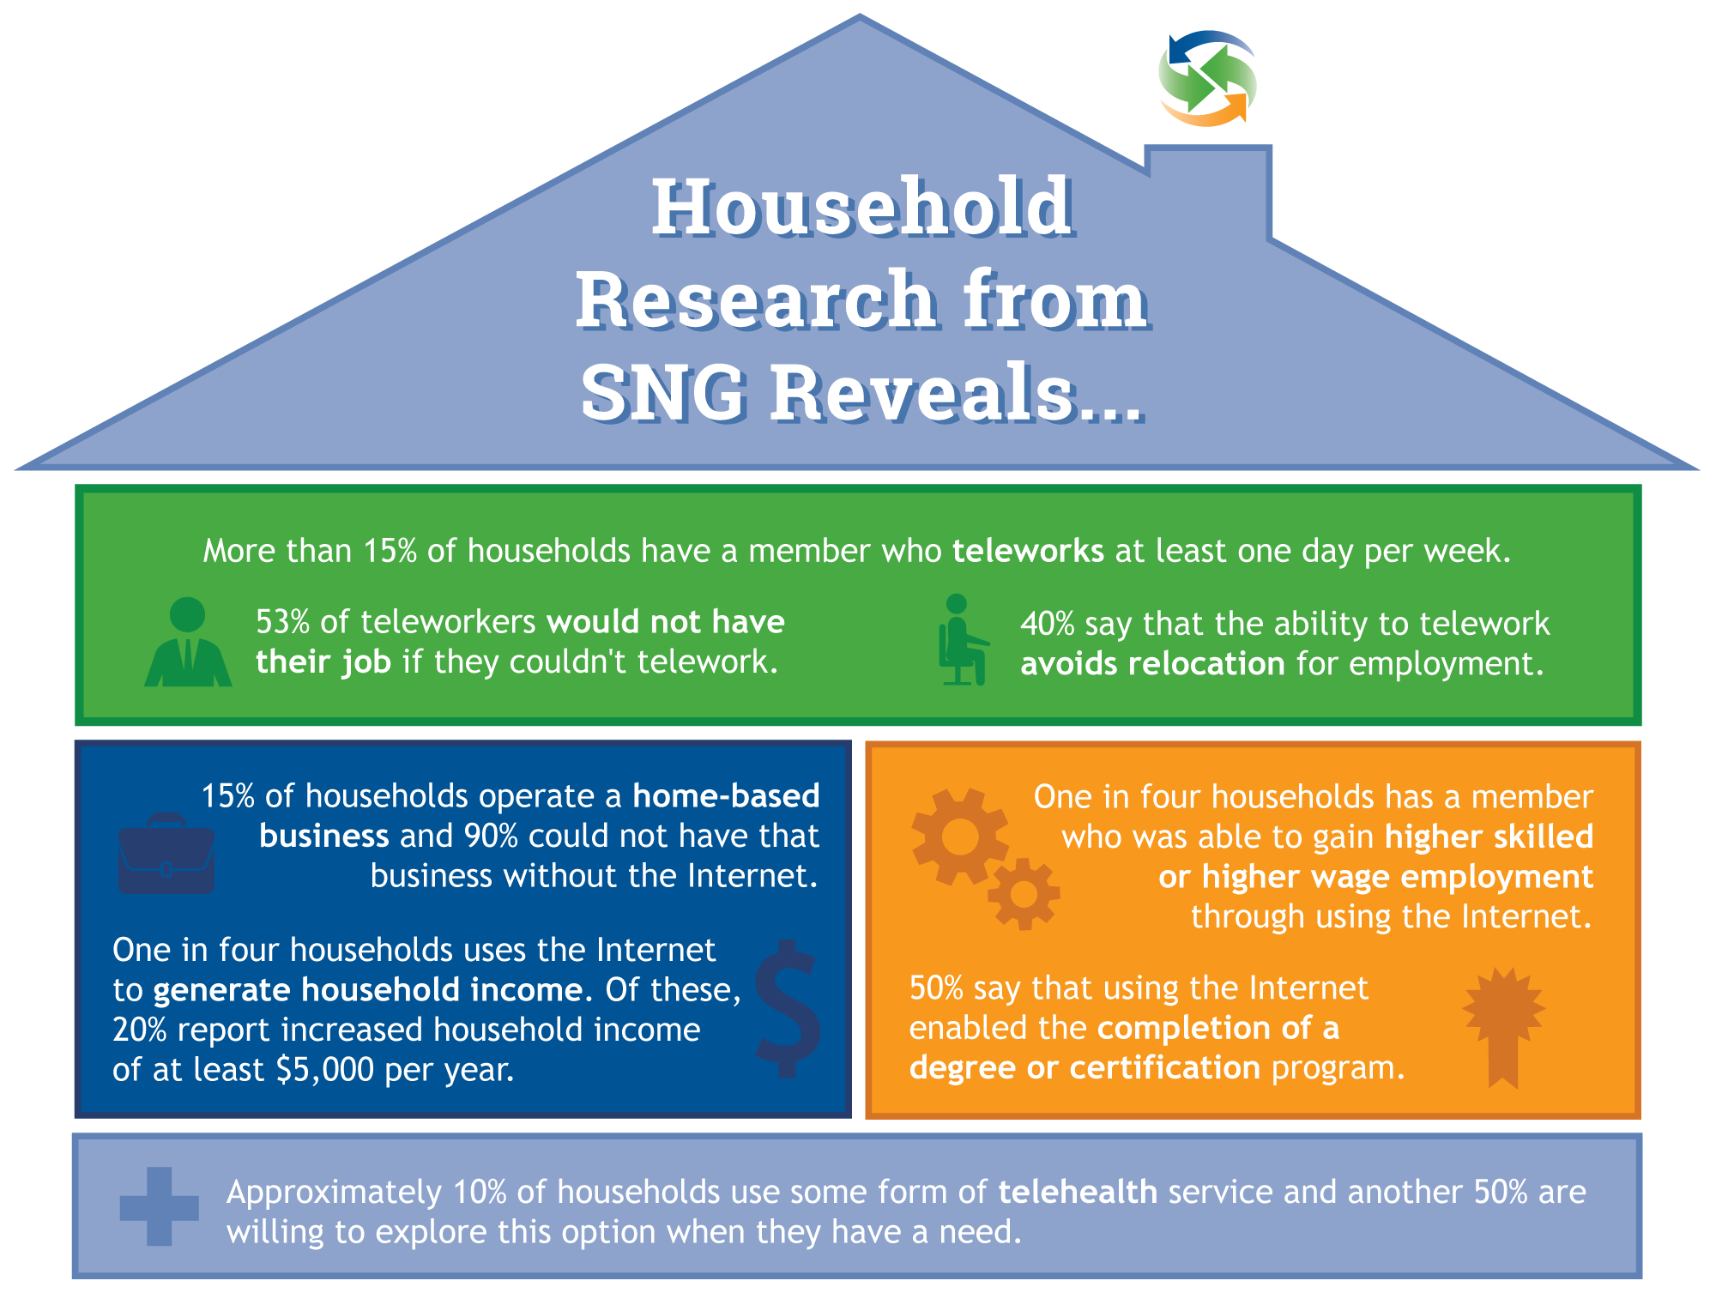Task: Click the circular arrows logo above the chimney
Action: tap(1208, 79)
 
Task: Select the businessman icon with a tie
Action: tap(188, 642)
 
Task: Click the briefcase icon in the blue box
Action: tap(166, 853)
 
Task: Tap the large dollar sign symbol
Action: tap(788, 1009)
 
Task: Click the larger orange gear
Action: tap(959, 837)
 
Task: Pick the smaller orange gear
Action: tap(1024, 894)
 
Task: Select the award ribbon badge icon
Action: tap(1503, 1027)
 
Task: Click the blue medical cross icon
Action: tap(160, 1206)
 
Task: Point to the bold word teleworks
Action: tap(1028, 551)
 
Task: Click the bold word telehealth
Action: tap(1078, 1192)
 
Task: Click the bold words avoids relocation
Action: tap(1152, 663)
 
